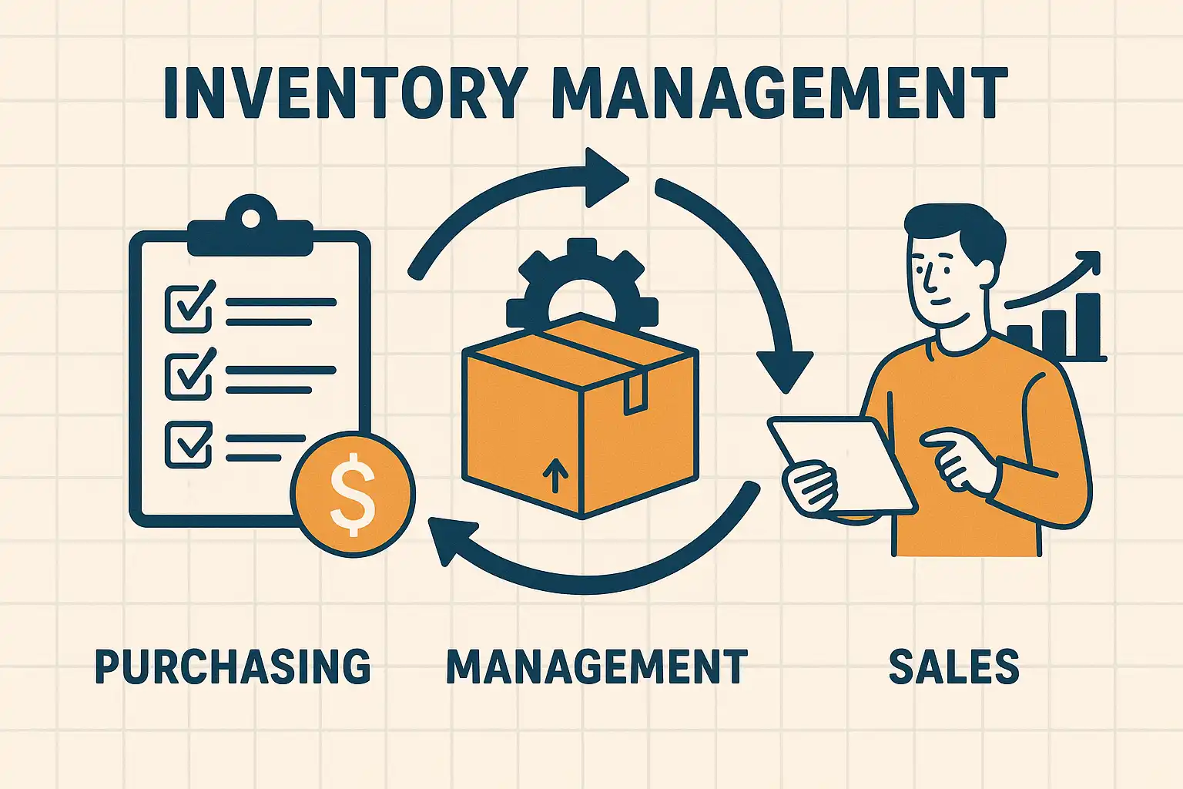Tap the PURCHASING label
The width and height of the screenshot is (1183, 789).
[233, 667]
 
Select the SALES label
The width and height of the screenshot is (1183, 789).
[953, 667]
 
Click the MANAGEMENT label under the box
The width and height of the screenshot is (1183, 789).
[597, 667]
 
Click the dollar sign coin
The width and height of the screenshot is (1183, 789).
[353, 494]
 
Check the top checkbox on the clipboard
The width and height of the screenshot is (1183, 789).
[188, 307]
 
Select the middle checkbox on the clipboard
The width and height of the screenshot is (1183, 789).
[188, 375]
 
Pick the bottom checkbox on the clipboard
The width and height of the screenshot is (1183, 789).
[188, 443]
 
